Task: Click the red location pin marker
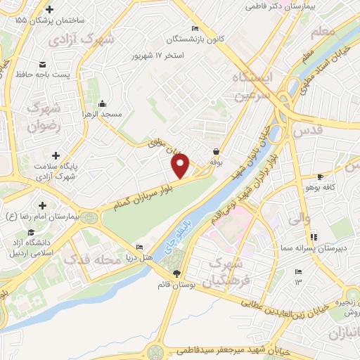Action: coord(181,166)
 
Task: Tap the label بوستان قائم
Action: coord(176,286)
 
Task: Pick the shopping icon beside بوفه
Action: coord(216,151)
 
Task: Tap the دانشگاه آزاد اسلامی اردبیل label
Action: coord(34,247)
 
